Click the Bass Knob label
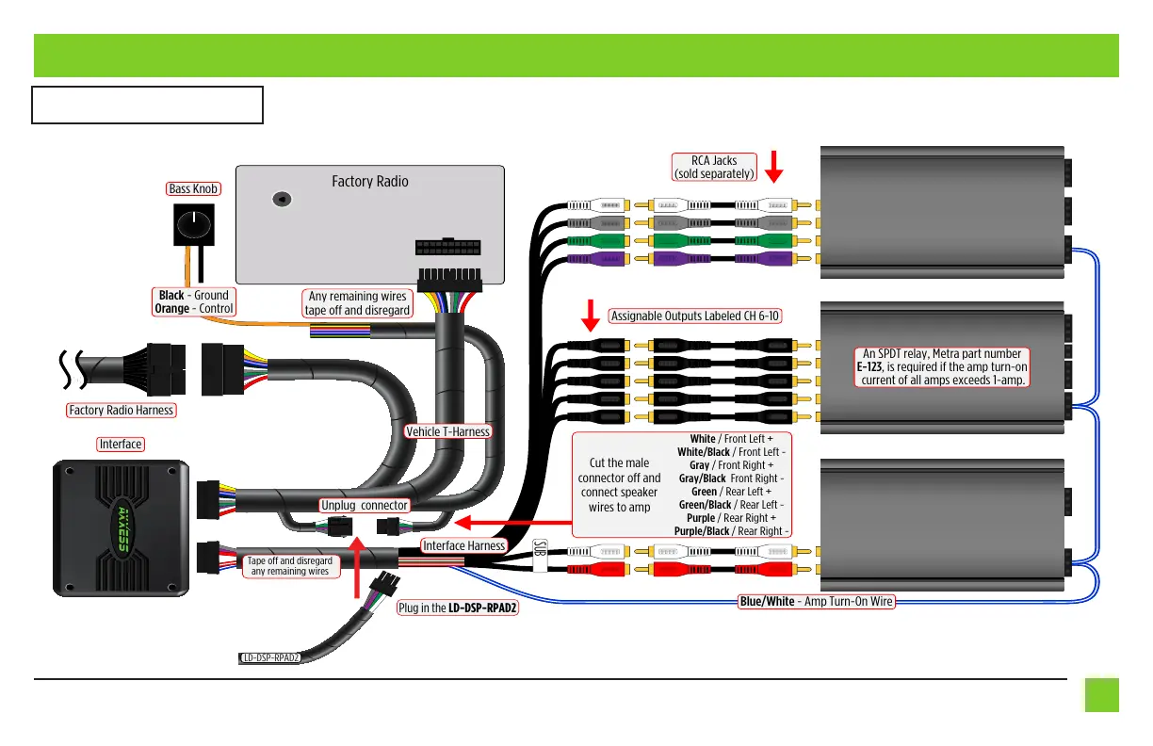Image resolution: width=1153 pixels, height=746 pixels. [x=194, y=188]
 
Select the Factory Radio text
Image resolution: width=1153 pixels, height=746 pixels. [x=369, y=181]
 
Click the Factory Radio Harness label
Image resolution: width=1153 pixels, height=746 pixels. [x=121, y=410]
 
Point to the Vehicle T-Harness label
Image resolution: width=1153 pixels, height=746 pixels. [x=448, y=431]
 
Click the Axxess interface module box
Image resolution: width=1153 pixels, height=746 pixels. [x=121, y=527]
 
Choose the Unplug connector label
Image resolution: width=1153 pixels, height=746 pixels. [x=364, y=505]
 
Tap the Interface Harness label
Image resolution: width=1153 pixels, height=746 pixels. [x=463, y=545]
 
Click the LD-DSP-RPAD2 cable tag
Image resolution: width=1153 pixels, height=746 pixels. [x=269, y=657]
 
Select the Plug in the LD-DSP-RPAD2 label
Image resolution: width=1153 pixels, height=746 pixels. [x=458, y=608]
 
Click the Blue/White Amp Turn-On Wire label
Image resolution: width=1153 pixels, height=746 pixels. [x=816, y=601]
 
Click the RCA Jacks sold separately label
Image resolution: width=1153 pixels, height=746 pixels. [x=712, y=167]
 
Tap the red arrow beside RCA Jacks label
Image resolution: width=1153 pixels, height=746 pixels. [x=774, y=165]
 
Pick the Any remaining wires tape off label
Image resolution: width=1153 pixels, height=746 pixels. [x=358, y=303]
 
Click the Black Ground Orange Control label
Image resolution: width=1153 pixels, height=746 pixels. [x=194, y=301]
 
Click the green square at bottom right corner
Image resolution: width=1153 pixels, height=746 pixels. [x=1101, y=695]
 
